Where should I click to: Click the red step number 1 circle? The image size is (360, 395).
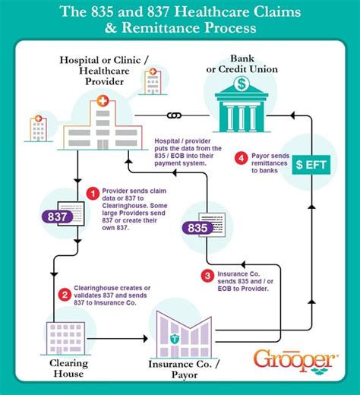(92, 194)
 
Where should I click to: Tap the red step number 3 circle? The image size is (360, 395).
(207, 275)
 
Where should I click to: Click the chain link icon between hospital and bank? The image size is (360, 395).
(174, 115)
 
